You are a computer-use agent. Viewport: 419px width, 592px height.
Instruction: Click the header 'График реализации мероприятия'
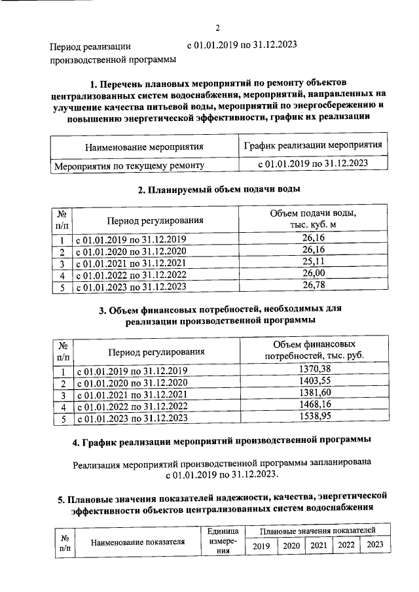click(x=313, y=145)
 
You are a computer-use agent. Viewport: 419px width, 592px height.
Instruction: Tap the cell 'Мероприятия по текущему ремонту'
click(x=129, y=165)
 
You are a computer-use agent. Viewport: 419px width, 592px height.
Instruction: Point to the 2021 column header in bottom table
click(x=319, y=546)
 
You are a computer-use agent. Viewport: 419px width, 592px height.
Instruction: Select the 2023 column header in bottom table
click(x=375, y=546)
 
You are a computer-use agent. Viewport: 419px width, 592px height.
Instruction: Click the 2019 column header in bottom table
click(x=261, y=546)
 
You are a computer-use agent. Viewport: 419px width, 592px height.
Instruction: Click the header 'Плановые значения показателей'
click(x=318, y=529)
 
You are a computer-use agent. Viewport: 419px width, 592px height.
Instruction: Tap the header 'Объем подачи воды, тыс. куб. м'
click(x=313, y=220)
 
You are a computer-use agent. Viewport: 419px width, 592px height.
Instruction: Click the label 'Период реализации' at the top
click(x=90, y=46)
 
